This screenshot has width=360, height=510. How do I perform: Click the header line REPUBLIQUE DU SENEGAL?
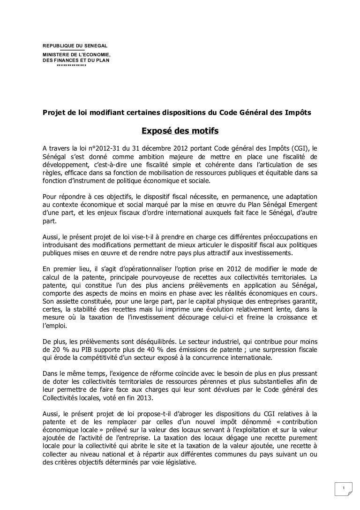click(75, 46)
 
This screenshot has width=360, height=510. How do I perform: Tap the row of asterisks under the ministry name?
click(71, 66)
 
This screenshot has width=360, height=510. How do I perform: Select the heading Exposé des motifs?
click(180, 130)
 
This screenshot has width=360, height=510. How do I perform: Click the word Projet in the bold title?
click(54, 112)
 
